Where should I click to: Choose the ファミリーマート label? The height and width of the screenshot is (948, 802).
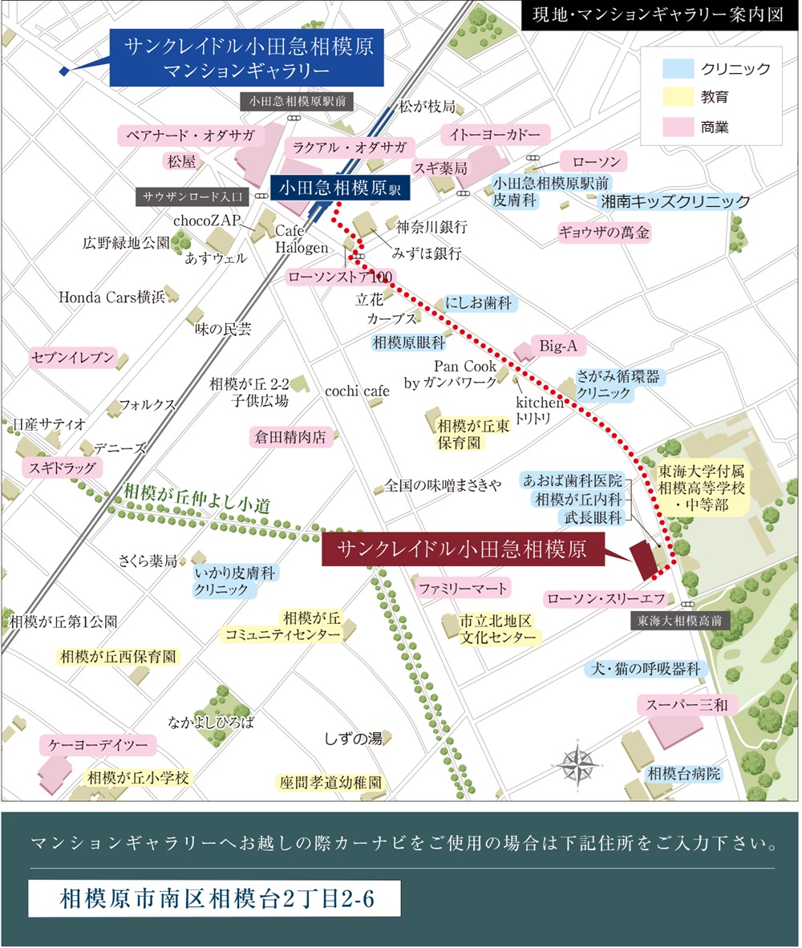[463, 589]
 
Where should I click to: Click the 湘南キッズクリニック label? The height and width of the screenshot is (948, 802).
[676, 201]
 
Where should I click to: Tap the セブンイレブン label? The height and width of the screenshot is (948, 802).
[73, 358]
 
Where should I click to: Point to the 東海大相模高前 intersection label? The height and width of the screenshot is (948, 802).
[681, 620]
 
